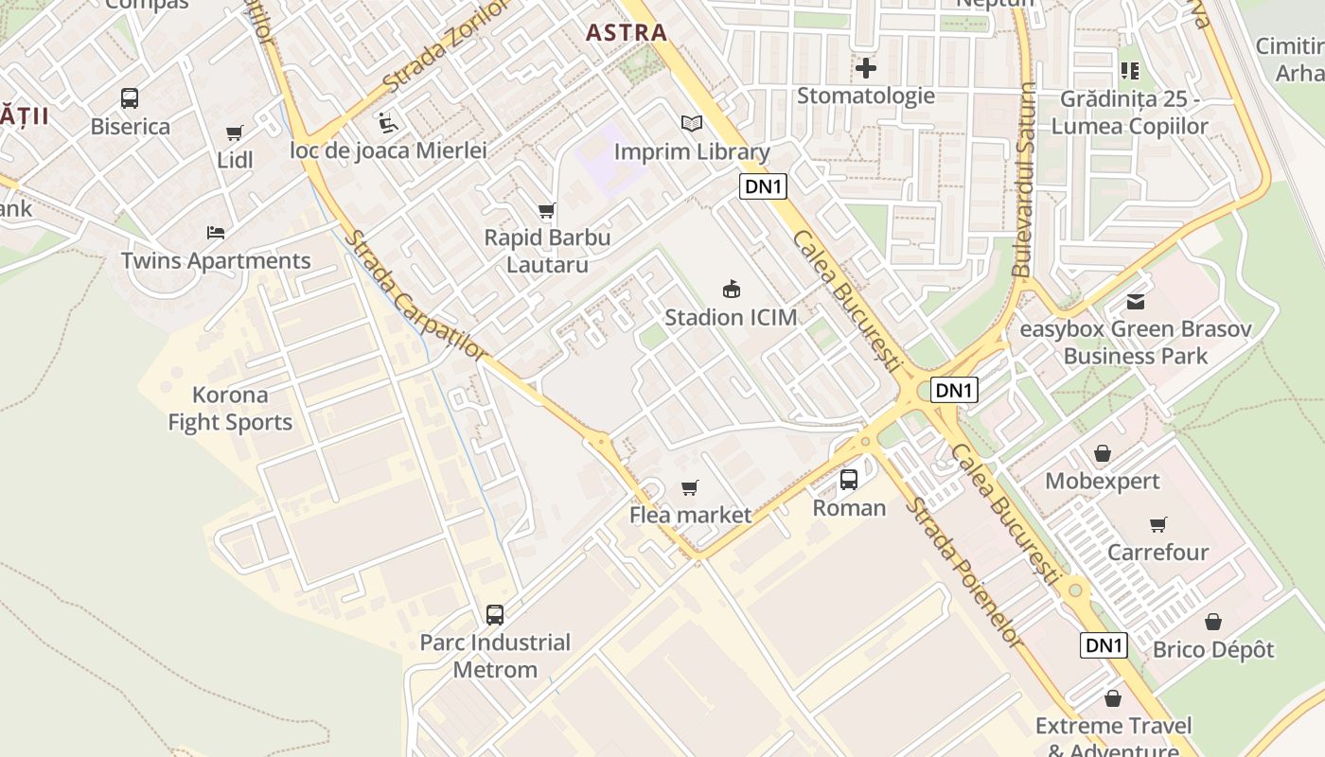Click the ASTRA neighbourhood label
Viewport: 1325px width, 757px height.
tap(626, 32)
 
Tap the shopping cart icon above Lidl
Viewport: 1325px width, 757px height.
tap(234, 133)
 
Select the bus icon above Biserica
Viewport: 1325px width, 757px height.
tap(130, 98)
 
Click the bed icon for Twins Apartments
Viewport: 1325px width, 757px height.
tap(216, 233)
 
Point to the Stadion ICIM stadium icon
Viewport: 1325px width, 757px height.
tap(731, 289)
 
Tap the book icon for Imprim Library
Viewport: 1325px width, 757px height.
tap(692, 124)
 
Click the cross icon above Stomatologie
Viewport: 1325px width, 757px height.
tap(865, 68)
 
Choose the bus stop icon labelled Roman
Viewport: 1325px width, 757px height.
tap(849, 480)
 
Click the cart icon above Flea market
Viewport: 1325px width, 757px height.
tap(690, 487)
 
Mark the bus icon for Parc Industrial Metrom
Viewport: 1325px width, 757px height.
tap(495, 615)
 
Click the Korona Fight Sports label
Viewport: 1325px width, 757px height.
tap(230, 409)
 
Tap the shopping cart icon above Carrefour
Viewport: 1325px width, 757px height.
tap(1157, 524)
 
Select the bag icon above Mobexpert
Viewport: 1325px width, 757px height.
tap(1102, 453)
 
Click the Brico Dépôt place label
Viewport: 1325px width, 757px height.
tap(1213, 650)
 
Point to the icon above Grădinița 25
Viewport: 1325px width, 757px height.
tap(1129, 71)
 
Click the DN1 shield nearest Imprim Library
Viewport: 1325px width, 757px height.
tap(763, 186)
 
